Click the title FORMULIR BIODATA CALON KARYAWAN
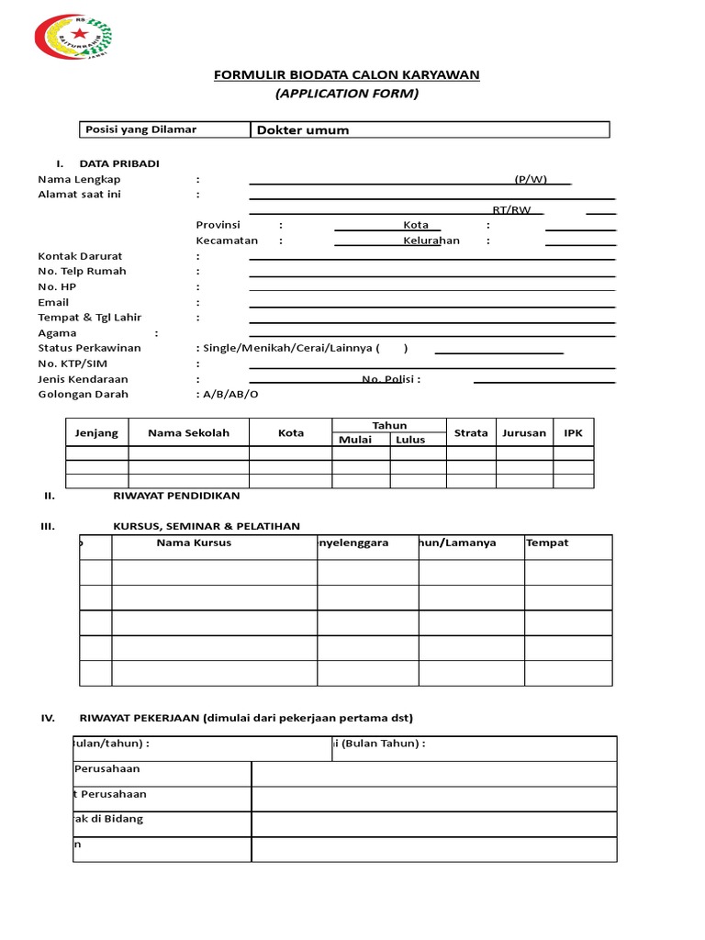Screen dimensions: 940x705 [347, 75]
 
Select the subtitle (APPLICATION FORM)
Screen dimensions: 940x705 [347, 94]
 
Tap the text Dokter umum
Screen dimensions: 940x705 [303, 130]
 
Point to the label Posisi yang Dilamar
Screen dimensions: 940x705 [140, 129]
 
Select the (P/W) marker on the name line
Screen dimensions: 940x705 [531, 179]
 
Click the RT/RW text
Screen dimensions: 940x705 [511, 210]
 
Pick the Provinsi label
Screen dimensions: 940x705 [218, 225]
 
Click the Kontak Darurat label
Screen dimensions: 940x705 [80, 256]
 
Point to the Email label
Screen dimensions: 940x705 [53, 302]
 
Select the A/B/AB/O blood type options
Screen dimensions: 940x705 [228, 394]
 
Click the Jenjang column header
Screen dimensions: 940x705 [96, 432]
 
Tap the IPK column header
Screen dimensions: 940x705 [573, 432]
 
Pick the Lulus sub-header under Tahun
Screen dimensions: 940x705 [410, 440]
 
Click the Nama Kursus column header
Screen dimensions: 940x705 [194, 543]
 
